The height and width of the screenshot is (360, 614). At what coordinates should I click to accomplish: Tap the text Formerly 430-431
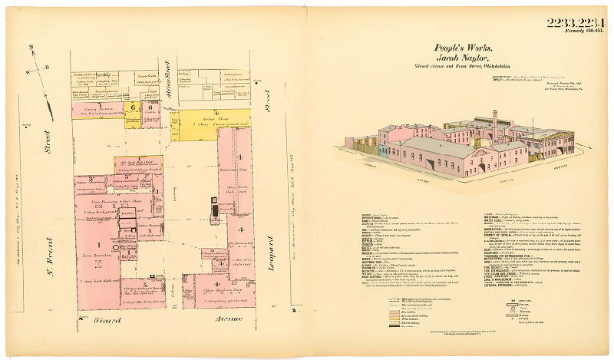(x=581, y=31)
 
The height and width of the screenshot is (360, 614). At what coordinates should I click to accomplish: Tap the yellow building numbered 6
(x=133, y=108)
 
